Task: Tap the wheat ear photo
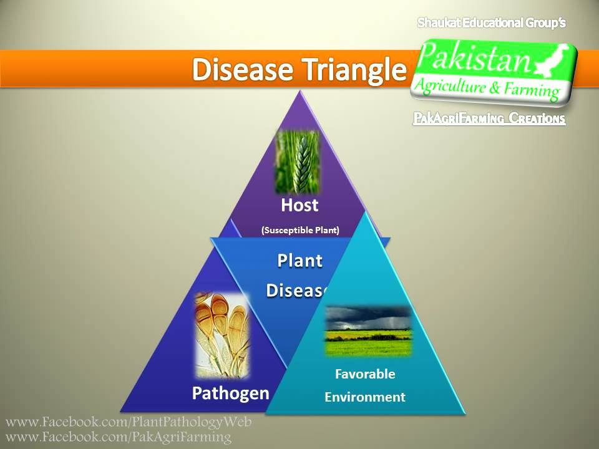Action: [297, 162]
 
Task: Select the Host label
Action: [299, 205]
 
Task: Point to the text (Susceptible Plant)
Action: [300, 230]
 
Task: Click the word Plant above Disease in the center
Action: [300, 261]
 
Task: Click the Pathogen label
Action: [230, 393]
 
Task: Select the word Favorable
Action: [365, 374]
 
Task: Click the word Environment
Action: [365, 397]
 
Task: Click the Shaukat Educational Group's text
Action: [491, 23]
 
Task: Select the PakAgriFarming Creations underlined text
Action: [489, 118]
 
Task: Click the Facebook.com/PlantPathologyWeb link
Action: [129, 422]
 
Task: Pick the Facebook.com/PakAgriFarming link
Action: [119, 437]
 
